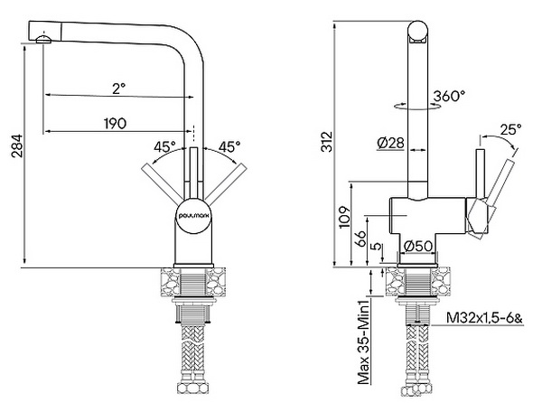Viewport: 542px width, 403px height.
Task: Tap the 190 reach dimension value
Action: click(114, 123)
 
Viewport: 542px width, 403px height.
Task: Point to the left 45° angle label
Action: click(164, 145)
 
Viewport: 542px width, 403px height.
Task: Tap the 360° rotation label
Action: click(449, 95)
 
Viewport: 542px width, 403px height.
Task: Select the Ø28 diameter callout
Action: click(391, 142)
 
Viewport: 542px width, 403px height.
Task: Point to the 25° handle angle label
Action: click(510, 129)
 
